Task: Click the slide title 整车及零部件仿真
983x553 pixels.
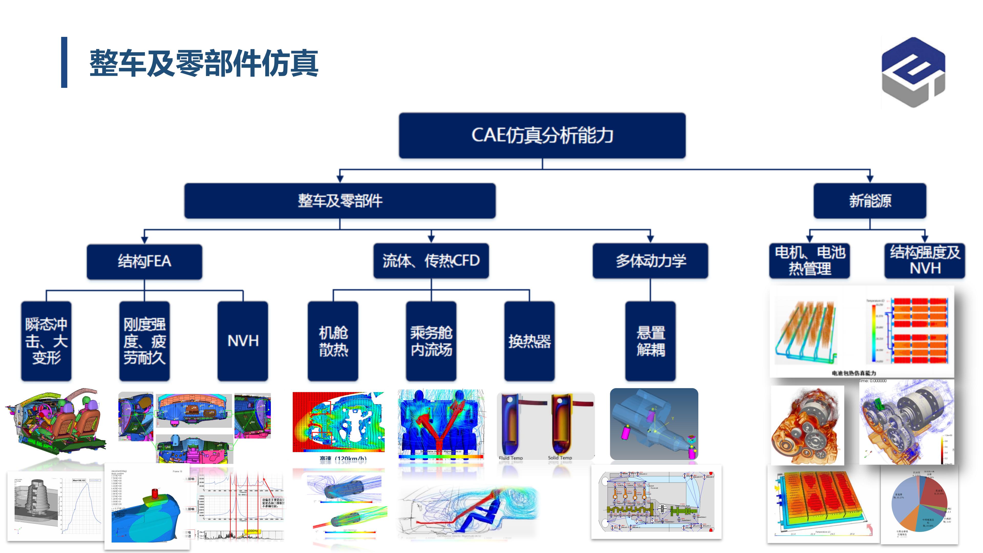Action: coord(204,63)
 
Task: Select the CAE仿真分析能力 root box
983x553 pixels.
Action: coord(542,135)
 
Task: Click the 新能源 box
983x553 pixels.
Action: coord(870,201)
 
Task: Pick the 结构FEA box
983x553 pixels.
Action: coord(144,261)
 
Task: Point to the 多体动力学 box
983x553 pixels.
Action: coord(650,261)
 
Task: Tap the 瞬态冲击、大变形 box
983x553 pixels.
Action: coord(46,341)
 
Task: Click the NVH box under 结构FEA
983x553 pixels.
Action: coord(243,341)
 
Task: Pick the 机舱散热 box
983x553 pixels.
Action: coord(333,341)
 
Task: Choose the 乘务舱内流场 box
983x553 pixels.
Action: coord(431,341)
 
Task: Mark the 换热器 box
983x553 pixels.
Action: coord(529,341)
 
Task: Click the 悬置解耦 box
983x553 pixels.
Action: coord(650,341)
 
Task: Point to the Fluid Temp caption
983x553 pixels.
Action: coord(511,458)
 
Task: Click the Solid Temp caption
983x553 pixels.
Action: coord(560,458)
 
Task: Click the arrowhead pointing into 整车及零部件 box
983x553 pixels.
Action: coord(340,179)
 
